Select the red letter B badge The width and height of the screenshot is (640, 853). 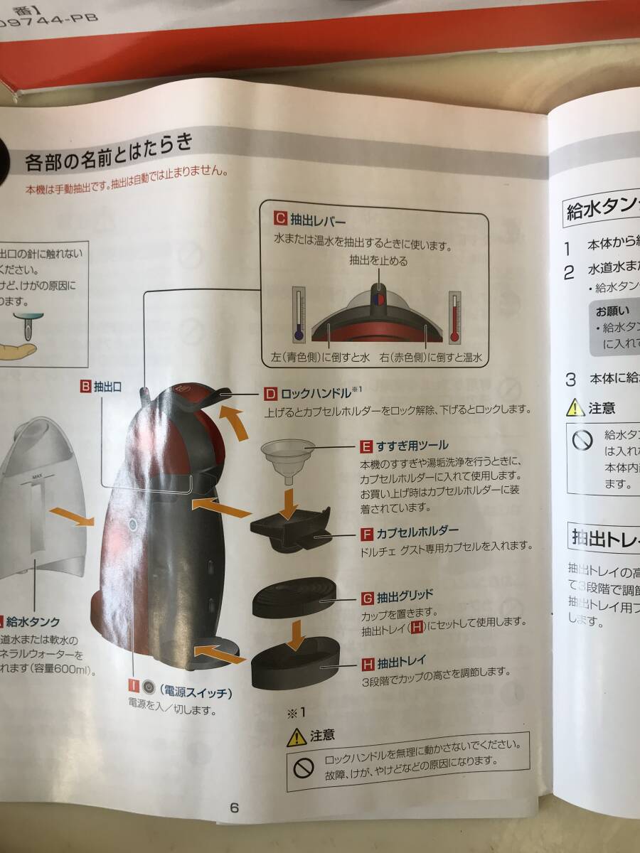click(x=85, y=387)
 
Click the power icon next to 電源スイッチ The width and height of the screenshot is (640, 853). click(x=149, y=686)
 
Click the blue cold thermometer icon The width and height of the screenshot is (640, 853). click(x=297, y=313)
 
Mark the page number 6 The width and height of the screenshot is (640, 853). click(x=234, y=808)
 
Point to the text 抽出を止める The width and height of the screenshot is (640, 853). click(x=378, y=261)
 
